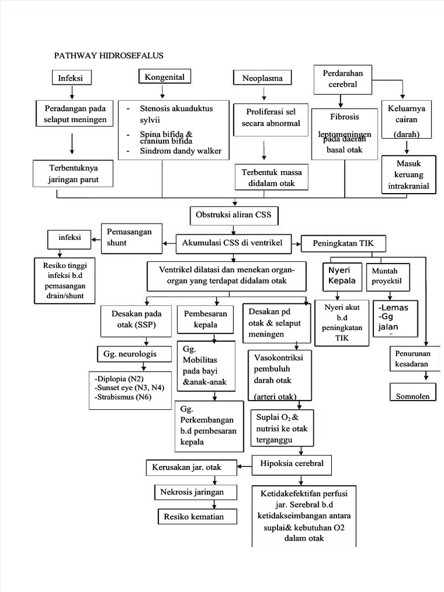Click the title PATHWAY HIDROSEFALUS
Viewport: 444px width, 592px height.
(109, 55)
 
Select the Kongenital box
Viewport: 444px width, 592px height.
(165, 76)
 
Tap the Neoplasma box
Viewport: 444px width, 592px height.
(262, 78)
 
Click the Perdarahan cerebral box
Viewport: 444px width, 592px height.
(343, 79)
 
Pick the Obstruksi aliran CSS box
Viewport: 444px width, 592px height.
(234, 216)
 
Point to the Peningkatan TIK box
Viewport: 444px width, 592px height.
(343, 243)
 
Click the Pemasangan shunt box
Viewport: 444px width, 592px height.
(131, 238)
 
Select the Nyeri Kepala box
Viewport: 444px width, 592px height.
(342, 276)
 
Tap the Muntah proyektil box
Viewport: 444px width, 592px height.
(387, 276)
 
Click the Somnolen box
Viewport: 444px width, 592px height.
(411, 397)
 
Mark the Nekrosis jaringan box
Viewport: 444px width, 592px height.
(188, 492)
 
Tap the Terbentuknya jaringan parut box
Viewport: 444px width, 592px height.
(72, 173)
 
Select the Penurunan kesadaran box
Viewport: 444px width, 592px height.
(412, 358)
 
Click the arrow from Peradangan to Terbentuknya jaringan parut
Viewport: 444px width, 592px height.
(72, 143)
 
